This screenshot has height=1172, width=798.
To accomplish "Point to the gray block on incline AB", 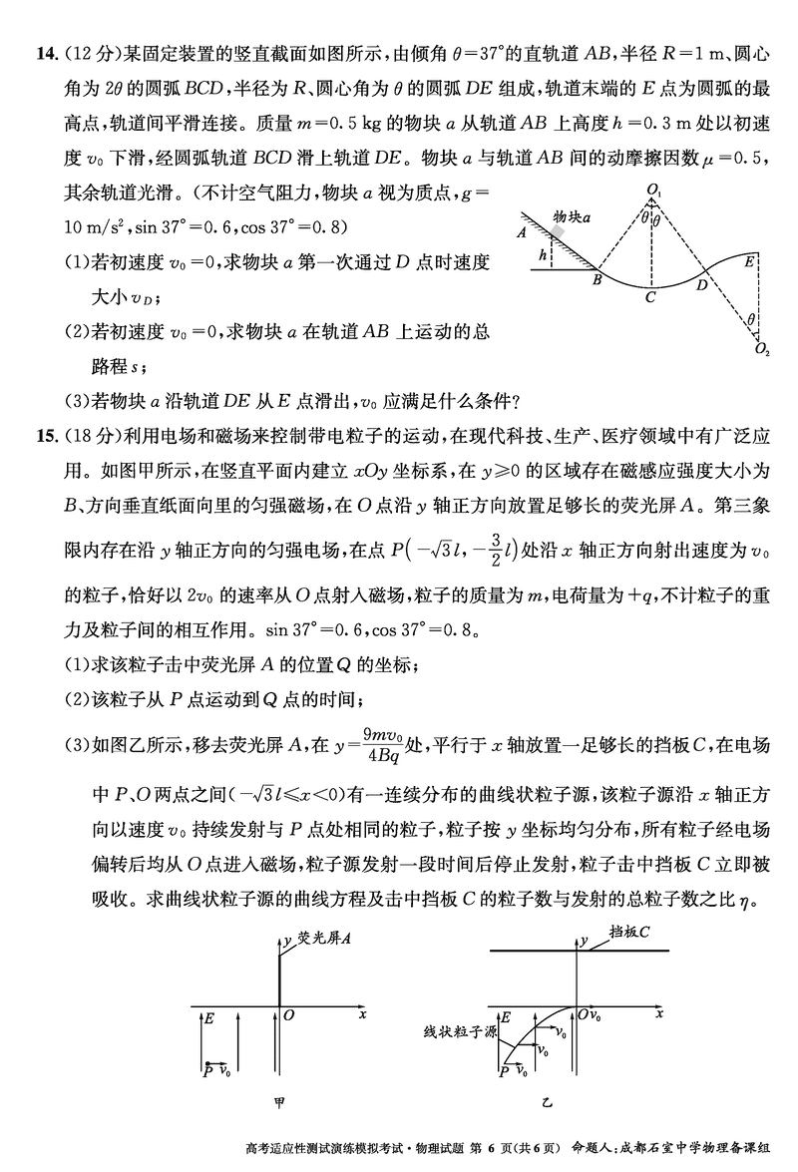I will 558,232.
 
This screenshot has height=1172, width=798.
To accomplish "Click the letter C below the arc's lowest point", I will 649,297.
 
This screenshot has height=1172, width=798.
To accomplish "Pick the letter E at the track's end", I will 749,262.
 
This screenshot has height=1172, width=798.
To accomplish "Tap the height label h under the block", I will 542,255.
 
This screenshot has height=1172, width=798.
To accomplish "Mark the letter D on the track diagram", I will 702,285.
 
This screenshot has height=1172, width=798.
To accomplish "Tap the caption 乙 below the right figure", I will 546,1104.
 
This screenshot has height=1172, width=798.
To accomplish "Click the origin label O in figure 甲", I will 288,1015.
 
